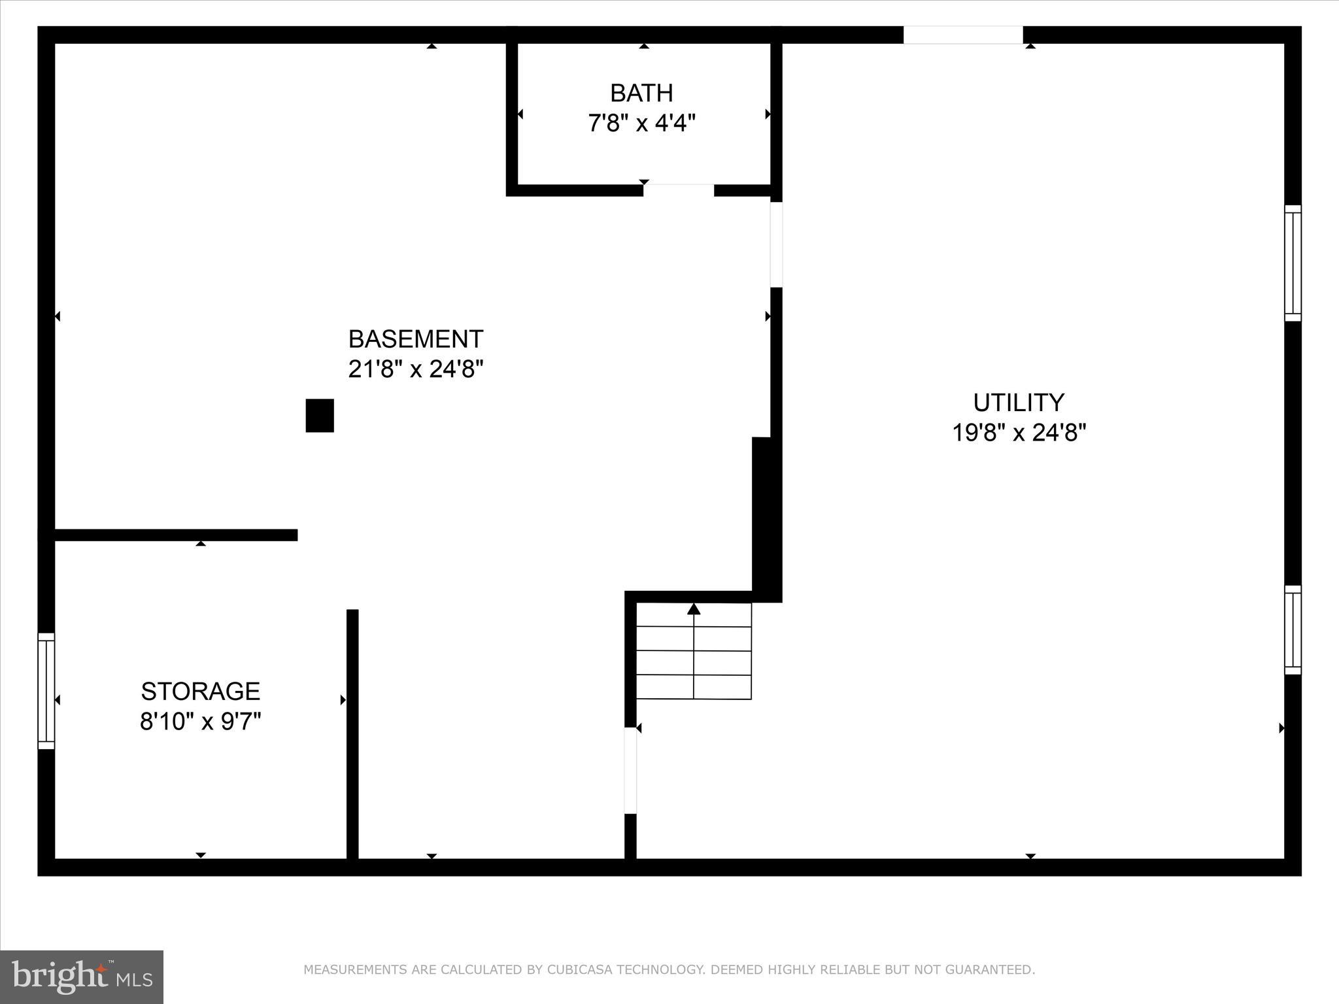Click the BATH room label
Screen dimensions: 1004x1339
pyautogui.click(x=641, y=93)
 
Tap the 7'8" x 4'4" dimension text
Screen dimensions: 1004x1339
pyautogui.click(x=641, y=123)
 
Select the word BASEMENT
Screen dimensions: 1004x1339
pyautogui.click(x=416, y=339)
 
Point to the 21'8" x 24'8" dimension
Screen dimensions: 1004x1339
pyautogui.click(x=416, y=369)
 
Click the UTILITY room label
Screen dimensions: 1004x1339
pyautogui.click(x=1019, y=403)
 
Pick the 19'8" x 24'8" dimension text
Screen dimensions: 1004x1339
pyautogui.click(x=1019, y=433)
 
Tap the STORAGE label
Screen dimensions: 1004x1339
pyautogui.click(x=201, y=692)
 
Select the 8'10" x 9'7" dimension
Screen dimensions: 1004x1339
pyautogui.click(x=201, y=722)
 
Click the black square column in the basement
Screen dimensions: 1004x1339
pyautogui.click(x=320, y=416)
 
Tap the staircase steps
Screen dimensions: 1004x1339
pyautogui.click(x=694, y=662)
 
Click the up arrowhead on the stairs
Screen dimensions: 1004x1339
pyautogui.click(x=694, y=609)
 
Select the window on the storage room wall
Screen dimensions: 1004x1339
pyautogui.click(x=46, y=691)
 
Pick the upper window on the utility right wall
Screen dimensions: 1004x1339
pyautogui.click(x=1293, y=263)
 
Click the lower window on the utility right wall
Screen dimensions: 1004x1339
pyautogui.click(x=1293, y=630)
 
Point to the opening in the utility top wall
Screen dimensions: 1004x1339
pyautogui.click(x=963, y=35)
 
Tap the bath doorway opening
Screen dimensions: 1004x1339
pyautogui.click(x=679, y=190)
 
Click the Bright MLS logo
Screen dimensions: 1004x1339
pyautogui.click(x=82, y=977)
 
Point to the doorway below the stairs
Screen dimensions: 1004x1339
pyautogui.click(x=630, y=771)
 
